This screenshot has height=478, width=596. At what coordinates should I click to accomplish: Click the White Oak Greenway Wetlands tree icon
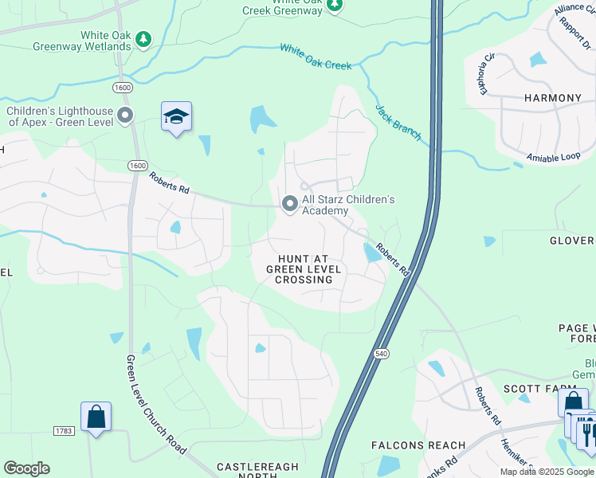[143, 39]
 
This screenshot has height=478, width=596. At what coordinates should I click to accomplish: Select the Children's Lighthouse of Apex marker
[125, 116]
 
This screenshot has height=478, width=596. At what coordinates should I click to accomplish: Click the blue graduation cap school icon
[176, 117]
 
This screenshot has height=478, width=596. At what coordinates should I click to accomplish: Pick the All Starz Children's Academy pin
[289, 205]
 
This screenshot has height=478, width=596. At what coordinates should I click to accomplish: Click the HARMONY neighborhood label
[552, 98]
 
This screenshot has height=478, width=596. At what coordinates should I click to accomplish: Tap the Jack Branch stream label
[398, 123]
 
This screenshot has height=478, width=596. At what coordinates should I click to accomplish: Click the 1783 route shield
[65, 431]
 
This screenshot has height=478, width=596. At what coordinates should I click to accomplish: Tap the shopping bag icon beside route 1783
[96, 417]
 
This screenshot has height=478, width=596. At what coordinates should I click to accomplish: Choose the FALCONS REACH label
[418, 445]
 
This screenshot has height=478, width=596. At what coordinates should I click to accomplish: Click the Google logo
[26, 468]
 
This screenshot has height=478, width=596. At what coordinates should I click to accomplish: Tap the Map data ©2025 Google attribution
[547, 472]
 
